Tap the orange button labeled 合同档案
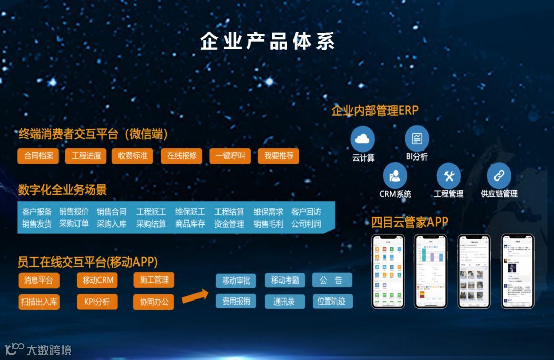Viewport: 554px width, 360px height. click(x=38, y=156)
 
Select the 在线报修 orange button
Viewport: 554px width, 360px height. click(x=182, y=156)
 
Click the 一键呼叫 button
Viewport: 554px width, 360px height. click(x=230, y=156)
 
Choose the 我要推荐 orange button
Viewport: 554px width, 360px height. click(x=279, y=156)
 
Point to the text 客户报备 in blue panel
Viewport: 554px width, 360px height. click(x=37, y=212)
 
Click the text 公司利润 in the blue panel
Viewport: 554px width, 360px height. click(x=306, y=224)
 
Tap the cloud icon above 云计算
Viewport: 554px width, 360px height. click(x=363, y=139)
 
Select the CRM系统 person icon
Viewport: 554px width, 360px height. click(x=395, y=175)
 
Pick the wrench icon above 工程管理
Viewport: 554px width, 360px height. click(x=449, y=176)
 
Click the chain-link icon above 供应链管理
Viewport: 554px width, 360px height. click(x=499, y=176)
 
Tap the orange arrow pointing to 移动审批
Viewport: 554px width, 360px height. click(x=195, y=296)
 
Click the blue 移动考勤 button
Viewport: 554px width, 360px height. click(x=285, y=280)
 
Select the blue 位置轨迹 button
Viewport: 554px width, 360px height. click(x=332, y=301)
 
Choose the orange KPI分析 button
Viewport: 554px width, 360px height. click(x=97, y=302)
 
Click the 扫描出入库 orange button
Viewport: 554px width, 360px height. click(x=38, y=302)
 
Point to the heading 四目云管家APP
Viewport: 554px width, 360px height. click(x=409, y=222)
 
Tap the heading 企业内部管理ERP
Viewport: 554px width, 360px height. click(x=375, y=110)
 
